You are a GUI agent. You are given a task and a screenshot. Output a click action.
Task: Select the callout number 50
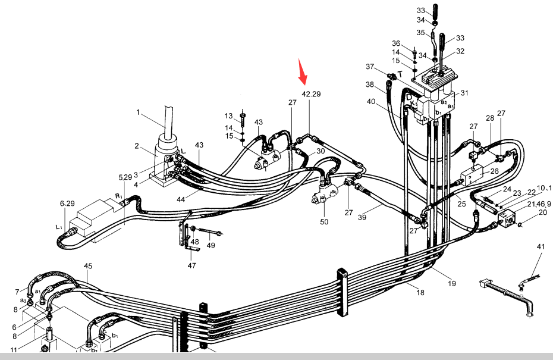[x=324, y=222]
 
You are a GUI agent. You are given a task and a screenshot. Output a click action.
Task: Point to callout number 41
[x=541, y=246]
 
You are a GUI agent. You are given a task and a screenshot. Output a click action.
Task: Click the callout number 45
[x=88, y=266]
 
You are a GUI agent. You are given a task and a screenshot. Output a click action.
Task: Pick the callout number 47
[x=192, y=266]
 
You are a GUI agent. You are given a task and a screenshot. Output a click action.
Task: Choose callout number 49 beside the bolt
[x=211, y=246]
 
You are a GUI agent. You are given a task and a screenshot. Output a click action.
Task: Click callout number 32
[x=460, y=51]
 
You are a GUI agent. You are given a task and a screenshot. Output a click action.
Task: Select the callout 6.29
[x=68, y=204]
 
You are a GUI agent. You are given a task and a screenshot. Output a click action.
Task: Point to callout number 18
[x=420, y=292]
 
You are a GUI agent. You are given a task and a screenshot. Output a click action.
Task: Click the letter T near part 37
[x=400, y=73]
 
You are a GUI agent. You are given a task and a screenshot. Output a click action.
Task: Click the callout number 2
[x=137, y=146]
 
